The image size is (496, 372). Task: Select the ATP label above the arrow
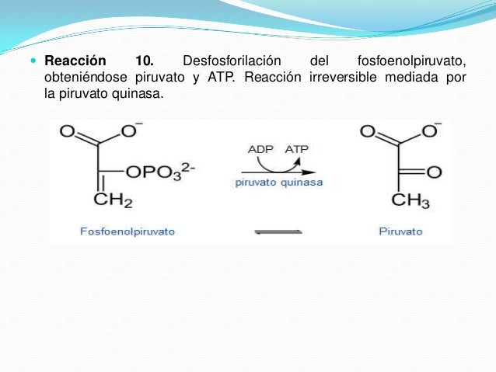pos(297,148)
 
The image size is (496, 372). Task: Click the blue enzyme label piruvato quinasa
pos(279,184)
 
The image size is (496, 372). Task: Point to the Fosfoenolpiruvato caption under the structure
pos(127,231)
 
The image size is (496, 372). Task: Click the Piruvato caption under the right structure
pos(401,231)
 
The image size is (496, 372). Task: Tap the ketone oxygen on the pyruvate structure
pos(434,172)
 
